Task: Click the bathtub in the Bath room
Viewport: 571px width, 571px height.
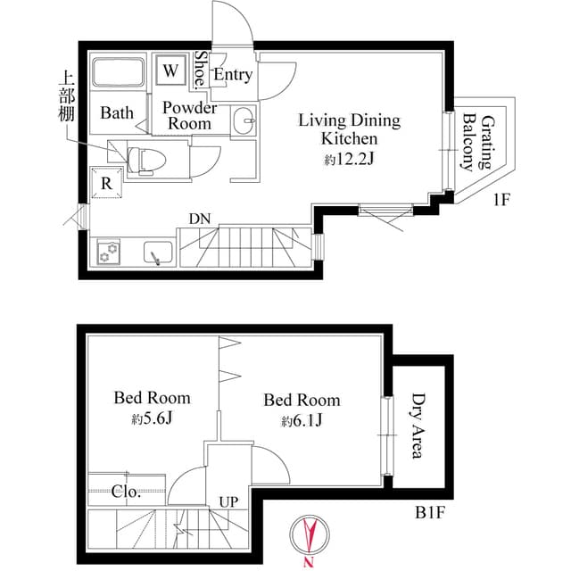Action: point(119,73)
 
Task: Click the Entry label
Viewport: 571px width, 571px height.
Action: point(233,75)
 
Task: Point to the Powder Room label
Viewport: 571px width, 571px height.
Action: point(190,115)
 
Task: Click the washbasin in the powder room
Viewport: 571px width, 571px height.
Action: point(242,119)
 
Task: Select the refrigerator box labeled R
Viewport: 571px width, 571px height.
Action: point(106,183)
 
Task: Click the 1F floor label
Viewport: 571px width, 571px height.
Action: point(501,201)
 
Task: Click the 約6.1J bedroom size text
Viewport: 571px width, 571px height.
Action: point(301,420)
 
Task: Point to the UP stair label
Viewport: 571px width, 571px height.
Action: point(228,501)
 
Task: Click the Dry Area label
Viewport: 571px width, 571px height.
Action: point(416,426)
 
